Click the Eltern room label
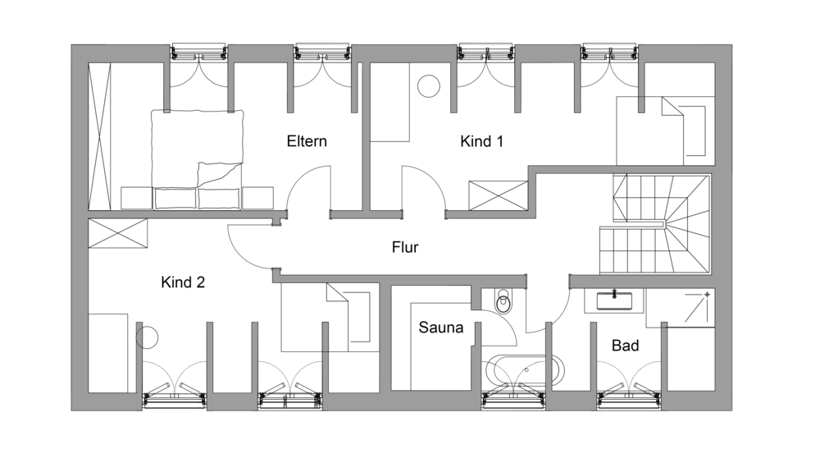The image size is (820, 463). pyautogui.click(x=307, y=141)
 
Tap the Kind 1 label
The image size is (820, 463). pyautogui.click(x=481, y=141)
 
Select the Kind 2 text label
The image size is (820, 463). pyautogui.click(x=183, y=282)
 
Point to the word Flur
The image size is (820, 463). pyautogui.click(x=405, y=247)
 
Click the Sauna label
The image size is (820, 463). pyautogui.click(x=441, y=328)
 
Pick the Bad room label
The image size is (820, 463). pyautogui.click(x=625, y=346)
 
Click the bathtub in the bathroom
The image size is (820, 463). pyautogui.click(x=525, y=371)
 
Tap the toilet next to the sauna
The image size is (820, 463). pyautogui.click(x=503, y=301)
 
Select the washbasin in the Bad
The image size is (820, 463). pyautogui.click(x=614, y=300)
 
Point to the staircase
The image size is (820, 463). pyautogui.click(x=655, y=224)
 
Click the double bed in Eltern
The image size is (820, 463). pyautogui.click(x=197, y=159)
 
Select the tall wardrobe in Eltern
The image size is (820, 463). pyautogui.click(x=99, y=136)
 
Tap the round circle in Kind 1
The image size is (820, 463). pyautogui.click(x=428, y=86)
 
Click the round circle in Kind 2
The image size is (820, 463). pyautogui.click(x=147, y=338)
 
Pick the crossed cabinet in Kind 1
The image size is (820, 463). pyautogui.click(x=498, y=195)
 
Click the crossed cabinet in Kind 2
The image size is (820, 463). pyautogui.click(x=117, y=233)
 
